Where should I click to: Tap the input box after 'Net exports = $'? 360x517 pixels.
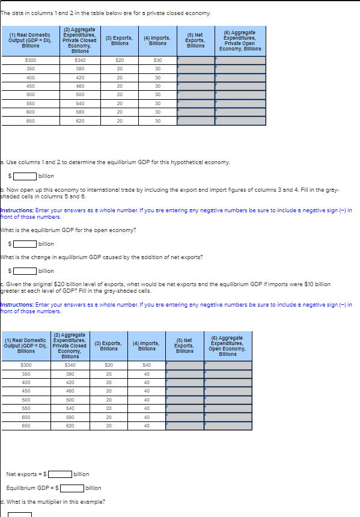[60, 474]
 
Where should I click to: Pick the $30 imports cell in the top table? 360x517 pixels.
[157, 60]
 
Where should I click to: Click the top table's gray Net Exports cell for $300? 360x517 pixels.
[196, 60]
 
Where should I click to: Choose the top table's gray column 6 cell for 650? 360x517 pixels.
[240, 121]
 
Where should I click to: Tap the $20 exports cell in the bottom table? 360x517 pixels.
[109, 365]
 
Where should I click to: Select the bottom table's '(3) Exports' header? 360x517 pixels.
[109, 346]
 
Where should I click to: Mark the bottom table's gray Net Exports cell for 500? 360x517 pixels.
[184, 399]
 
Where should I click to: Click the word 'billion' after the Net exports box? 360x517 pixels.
[81, 474]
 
